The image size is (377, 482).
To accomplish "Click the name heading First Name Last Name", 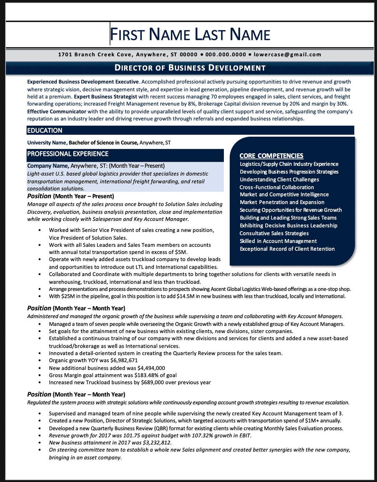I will (x=190, y=35).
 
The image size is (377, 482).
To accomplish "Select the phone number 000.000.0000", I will (x=226, y=54).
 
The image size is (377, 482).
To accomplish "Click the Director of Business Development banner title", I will (x=190, y=68).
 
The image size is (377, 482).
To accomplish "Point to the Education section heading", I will (x=45, y=131).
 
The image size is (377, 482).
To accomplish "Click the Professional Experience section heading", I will (x=68, y=154).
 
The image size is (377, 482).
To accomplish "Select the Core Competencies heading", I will (x=271, y=156).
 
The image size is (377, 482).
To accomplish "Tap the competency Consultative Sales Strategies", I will (x=274, y=233).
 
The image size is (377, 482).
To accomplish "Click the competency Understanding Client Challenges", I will (x=279, y=179).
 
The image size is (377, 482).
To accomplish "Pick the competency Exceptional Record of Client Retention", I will (x=287, y=249).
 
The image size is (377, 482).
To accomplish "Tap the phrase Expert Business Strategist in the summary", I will (x=105, y=97).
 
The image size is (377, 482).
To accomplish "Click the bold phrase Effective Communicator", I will (x=57, y=111).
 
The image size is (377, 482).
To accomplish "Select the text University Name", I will (x=47, y=143).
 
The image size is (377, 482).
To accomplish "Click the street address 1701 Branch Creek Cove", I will (x=95, y=54).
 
